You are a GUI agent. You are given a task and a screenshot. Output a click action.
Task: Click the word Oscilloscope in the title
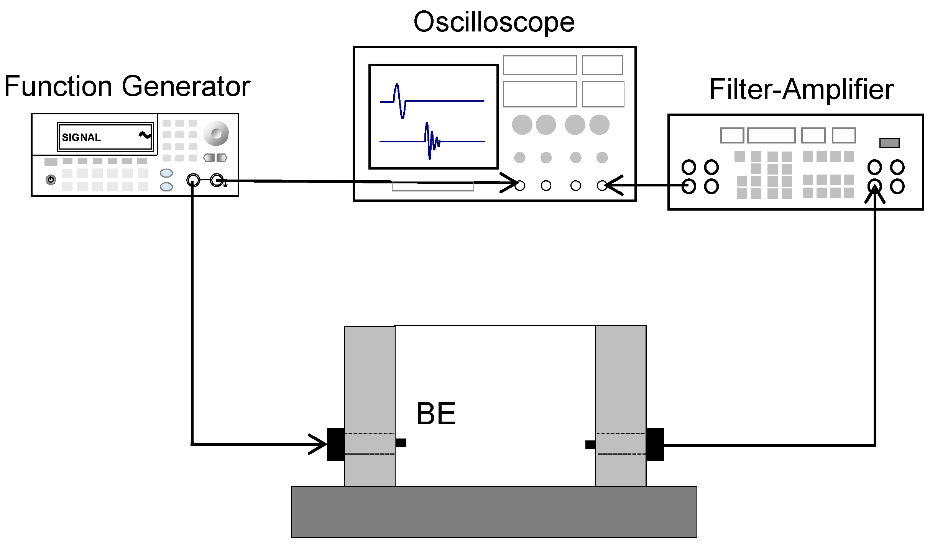point(494,22)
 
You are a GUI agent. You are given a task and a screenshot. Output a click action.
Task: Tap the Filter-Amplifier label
point(801,89)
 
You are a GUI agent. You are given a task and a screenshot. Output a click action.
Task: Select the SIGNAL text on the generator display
point(81,137)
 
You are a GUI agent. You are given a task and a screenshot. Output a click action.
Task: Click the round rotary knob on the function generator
point(216,133)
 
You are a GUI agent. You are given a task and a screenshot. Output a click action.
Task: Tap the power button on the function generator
point(51,179)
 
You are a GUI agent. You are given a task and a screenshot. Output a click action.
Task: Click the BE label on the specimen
point(435,414)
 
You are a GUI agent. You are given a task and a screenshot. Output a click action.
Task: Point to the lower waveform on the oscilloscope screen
point(432,142)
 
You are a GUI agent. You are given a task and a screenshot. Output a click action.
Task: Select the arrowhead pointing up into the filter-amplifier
point(875,194)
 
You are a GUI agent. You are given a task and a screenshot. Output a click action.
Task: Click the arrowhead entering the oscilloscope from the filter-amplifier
point(613,186)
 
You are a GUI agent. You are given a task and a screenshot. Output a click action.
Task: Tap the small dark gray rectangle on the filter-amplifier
point(889,143)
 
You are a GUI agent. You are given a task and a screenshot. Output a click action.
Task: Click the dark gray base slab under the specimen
point(494,512)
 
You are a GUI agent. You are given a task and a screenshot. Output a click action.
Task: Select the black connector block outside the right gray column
point(655,444)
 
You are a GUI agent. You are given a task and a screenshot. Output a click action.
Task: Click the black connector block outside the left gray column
point(335,444)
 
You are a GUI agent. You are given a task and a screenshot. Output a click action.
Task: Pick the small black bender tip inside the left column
point(401,443)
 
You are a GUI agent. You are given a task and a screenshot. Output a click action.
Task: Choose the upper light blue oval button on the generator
point(166,173)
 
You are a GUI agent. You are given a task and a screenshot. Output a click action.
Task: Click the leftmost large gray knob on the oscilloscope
point(522,125)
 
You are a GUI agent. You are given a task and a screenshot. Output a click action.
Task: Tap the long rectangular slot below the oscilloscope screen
point(432,187)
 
